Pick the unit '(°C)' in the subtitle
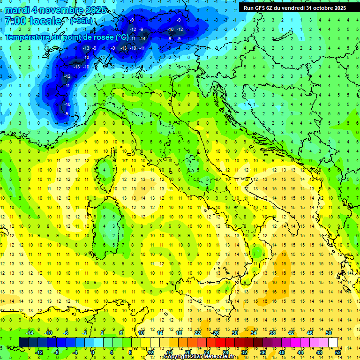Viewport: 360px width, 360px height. point(121,37)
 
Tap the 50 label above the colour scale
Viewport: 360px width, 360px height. point(329,332)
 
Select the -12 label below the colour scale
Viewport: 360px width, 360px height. point(39,352)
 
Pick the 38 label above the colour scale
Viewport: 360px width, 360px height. point(272,332)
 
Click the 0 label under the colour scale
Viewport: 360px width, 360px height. point(93,352)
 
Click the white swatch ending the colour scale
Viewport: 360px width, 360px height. point(333,342)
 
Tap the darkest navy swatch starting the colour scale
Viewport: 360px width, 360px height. point(23,342)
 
